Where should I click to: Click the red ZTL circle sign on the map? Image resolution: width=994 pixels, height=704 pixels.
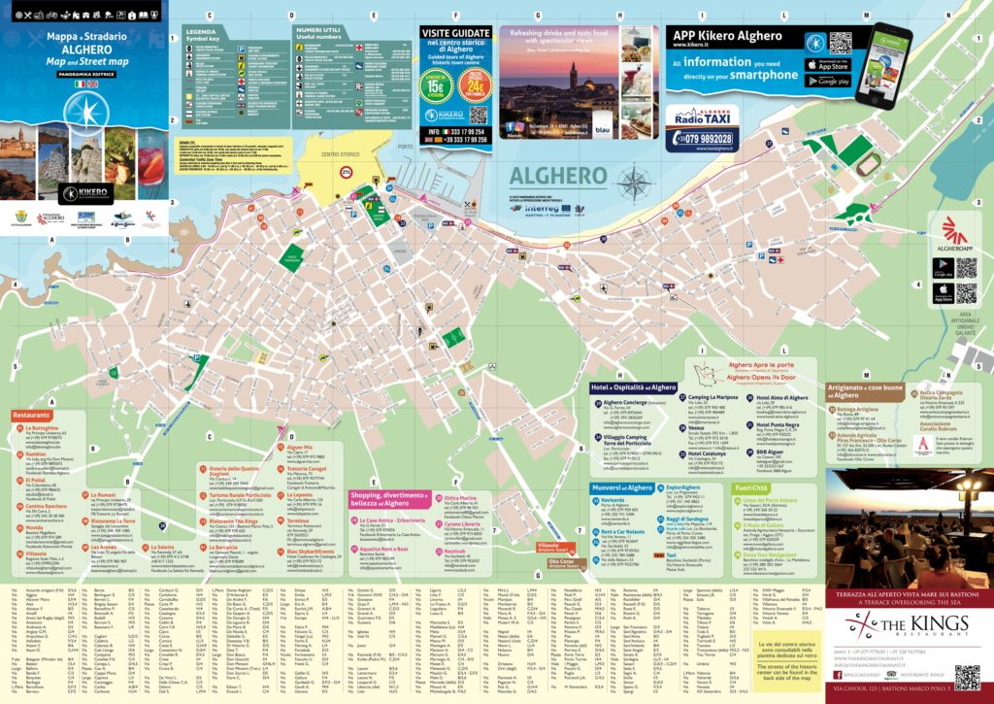pos(346,172)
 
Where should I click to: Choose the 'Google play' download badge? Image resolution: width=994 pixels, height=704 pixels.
pos(826,81)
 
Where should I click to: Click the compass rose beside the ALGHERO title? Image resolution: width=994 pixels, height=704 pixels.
pos(635,182)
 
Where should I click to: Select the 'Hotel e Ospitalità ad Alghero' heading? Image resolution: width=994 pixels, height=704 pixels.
pos(633,386)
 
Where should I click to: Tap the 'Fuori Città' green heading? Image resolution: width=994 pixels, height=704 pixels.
pos(752,488)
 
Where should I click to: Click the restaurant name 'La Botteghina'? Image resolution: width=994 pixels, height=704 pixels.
pos(44,427)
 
